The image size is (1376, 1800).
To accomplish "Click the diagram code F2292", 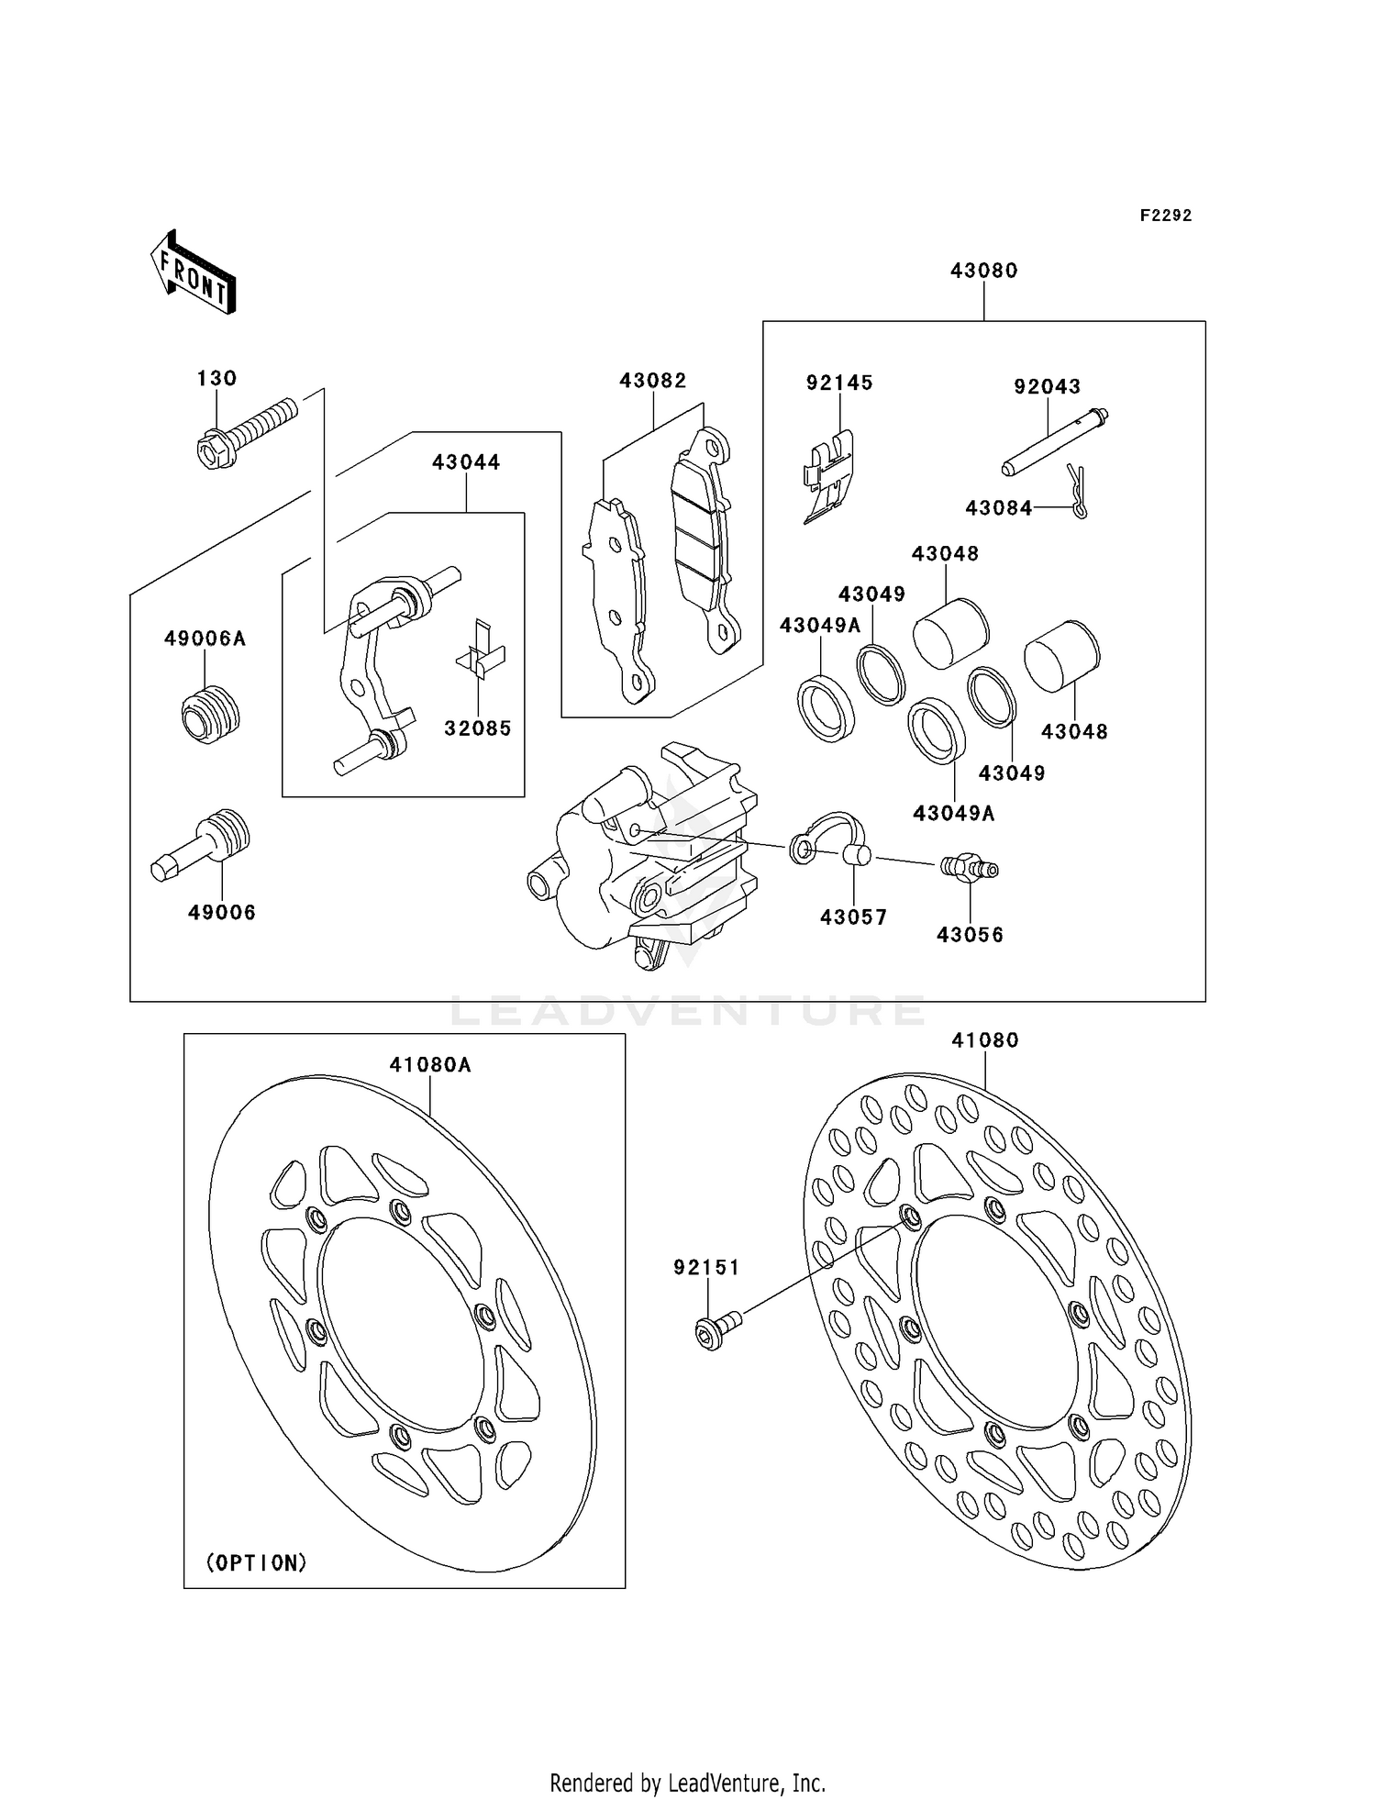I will point(1165,216).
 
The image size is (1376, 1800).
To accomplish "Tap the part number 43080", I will point(983,271).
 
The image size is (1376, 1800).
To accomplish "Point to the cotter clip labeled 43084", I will point(1079,493).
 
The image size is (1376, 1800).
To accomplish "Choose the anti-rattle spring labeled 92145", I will point(828,477).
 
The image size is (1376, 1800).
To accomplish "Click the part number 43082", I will point(652,381).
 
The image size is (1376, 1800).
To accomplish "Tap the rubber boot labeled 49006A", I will point(210,714).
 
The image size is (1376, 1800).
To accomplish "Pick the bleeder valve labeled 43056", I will point(969,867).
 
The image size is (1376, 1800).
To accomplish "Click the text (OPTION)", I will point(256,1562).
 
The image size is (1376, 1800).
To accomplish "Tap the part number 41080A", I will point(429,1065).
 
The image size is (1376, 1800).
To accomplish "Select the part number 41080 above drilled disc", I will point(984,1040).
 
